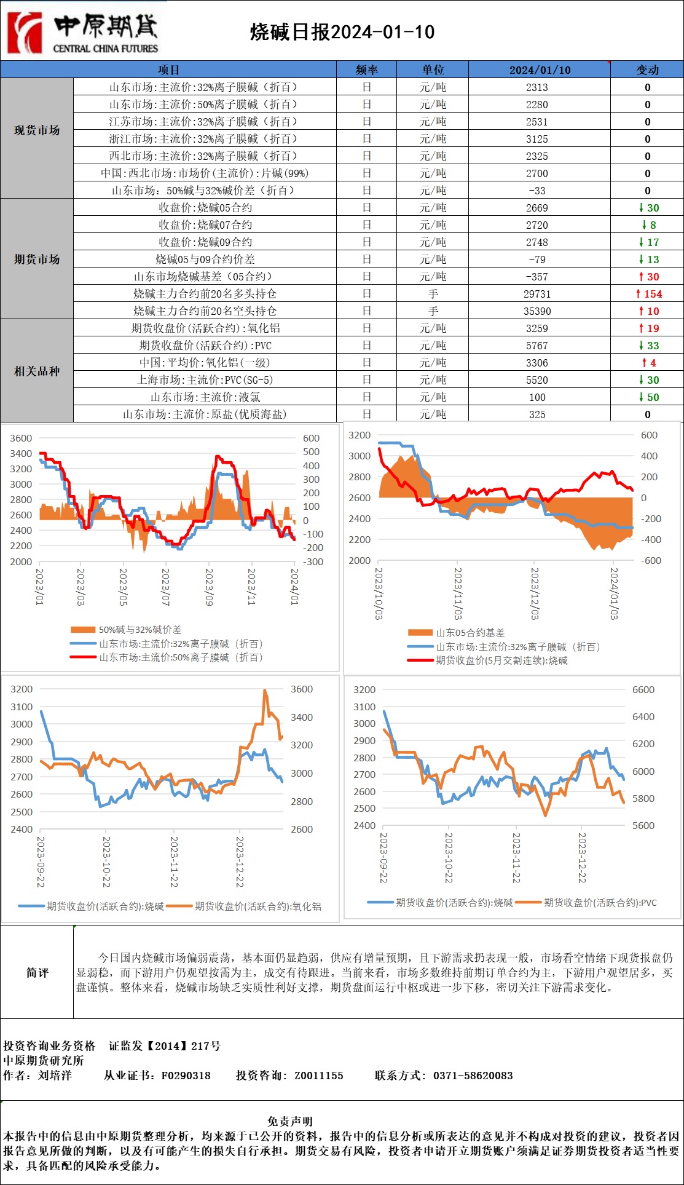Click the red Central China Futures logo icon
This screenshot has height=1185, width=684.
click(x=25, y=32)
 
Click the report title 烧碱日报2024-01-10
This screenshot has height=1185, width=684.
click(x=342, y=32)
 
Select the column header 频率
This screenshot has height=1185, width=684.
click(x=366, y=69)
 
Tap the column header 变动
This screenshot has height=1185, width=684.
click(x=647, y=69)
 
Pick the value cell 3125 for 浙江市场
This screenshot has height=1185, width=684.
click(x=537, y=139)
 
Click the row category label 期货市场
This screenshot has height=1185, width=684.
click(x=37, y=259)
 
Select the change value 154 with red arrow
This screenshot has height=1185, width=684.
click(x=649, y=294)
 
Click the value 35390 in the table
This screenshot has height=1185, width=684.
click(x=537, y=311)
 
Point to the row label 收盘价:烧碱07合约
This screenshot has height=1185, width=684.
click(x=205, y=225)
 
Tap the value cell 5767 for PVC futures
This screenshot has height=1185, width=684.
click(x=537, y=346)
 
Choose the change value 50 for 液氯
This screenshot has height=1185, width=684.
click(x=649, y=397)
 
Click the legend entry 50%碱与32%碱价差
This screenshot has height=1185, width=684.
click(x=140, y=630)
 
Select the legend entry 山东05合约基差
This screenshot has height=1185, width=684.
click(x=470, y=633)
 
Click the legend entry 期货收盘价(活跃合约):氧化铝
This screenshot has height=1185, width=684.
click(x=257, y=906)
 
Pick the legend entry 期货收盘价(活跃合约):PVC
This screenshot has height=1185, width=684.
click(x=600, y=903)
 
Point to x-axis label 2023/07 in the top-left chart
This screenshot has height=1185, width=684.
click(x=165, y=586)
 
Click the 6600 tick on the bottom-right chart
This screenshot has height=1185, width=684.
click(x=643, y=689)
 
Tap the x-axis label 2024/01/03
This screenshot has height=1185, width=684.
click(x=613, y=593)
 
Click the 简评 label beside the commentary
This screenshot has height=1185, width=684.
click(x=37, y=972)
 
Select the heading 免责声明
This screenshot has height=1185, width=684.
click(x=290, y=1121)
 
